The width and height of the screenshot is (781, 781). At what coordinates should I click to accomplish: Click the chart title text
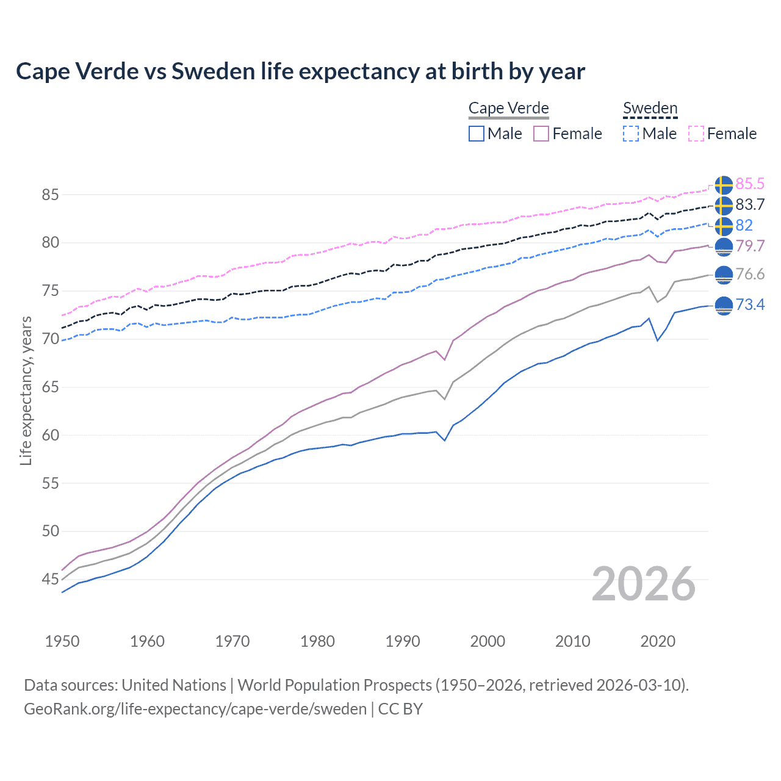point(300,71)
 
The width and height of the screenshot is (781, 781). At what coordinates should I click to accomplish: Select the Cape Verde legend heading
point(508,108)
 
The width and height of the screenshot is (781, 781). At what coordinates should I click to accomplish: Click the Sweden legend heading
point(650,108)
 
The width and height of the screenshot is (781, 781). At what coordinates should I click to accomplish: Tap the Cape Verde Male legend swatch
point(477,134)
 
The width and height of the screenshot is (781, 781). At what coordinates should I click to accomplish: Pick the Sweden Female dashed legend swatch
point(696,134)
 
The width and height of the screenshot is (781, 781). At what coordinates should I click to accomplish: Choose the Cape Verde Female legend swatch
point(541,134)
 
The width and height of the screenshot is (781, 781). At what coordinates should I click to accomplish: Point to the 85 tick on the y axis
point(50,195)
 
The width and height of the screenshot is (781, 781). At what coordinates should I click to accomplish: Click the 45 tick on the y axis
point(50,579)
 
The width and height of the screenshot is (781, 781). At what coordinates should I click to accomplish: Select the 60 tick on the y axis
point(50,435)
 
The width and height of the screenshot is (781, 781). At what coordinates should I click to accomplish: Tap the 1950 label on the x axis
point(62,641)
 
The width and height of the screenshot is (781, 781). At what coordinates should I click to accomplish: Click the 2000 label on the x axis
point(488,641)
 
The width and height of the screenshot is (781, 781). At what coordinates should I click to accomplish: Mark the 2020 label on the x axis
point(658,641)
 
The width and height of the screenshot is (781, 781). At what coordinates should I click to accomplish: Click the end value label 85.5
point(750,184)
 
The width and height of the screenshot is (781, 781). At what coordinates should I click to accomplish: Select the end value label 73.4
point(750,304)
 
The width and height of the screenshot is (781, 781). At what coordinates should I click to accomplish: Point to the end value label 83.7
point(750,204)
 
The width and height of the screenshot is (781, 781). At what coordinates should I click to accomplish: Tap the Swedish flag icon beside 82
point(724,226)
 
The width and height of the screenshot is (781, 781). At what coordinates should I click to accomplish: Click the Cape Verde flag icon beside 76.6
point(724,275)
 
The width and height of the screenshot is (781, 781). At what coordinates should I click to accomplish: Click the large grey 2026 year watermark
point(644,584)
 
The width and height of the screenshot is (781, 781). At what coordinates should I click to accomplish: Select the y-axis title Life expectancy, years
point(26,390)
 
